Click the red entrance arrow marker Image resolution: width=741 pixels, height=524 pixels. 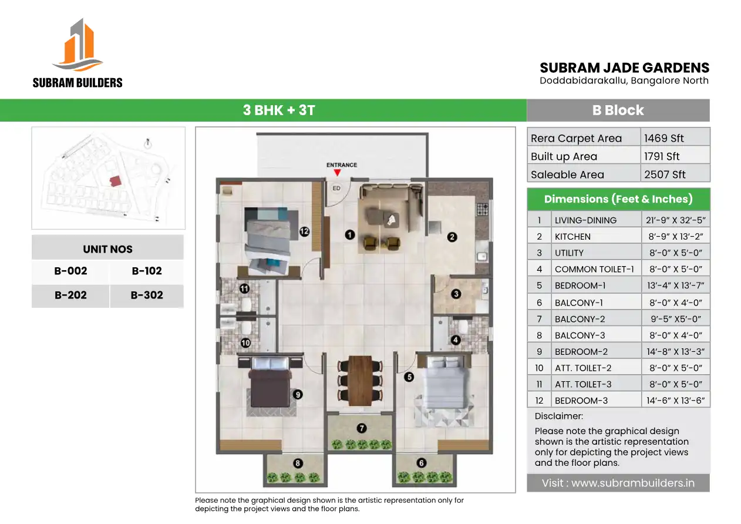coord(337,173)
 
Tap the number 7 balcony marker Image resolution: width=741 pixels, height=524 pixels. coord(361,428)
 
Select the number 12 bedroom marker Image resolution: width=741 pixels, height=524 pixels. coord(304,231)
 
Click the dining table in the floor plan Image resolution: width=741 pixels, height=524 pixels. coord(360,381)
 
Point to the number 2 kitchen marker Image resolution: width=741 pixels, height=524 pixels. coord(452,237)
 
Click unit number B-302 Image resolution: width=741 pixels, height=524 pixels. coord(147,295)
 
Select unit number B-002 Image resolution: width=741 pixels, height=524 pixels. coord(70,271)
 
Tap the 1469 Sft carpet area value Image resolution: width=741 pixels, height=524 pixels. coord(663,138)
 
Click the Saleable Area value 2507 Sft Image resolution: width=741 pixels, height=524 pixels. coord(665,174)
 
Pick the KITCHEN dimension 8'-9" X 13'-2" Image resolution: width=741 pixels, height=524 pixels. coord(675,237)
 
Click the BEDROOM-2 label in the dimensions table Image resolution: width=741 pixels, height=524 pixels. coord(581,351)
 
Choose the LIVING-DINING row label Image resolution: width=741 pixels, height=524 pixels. coord(585,220)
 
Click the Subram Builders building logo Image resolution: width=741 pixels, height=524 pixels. coord(78,45)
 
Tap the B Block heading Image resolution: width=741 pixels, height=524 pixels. coord(618,110)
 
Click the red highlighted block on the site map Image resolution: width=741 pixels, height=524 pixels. coord(115,181)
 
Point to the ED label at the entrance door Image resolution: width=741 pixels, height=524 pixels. coord(336,189)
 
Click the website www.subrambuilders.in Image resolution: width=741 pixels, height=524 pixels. coord(633,483)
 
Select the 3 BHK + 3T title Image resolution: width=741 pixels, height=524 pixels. coord(279,110)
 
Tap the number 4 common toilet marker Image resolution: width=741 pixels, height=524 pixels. coord(456,340)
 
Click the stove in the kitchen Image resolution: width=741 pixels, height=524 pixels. coord(482,209)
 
